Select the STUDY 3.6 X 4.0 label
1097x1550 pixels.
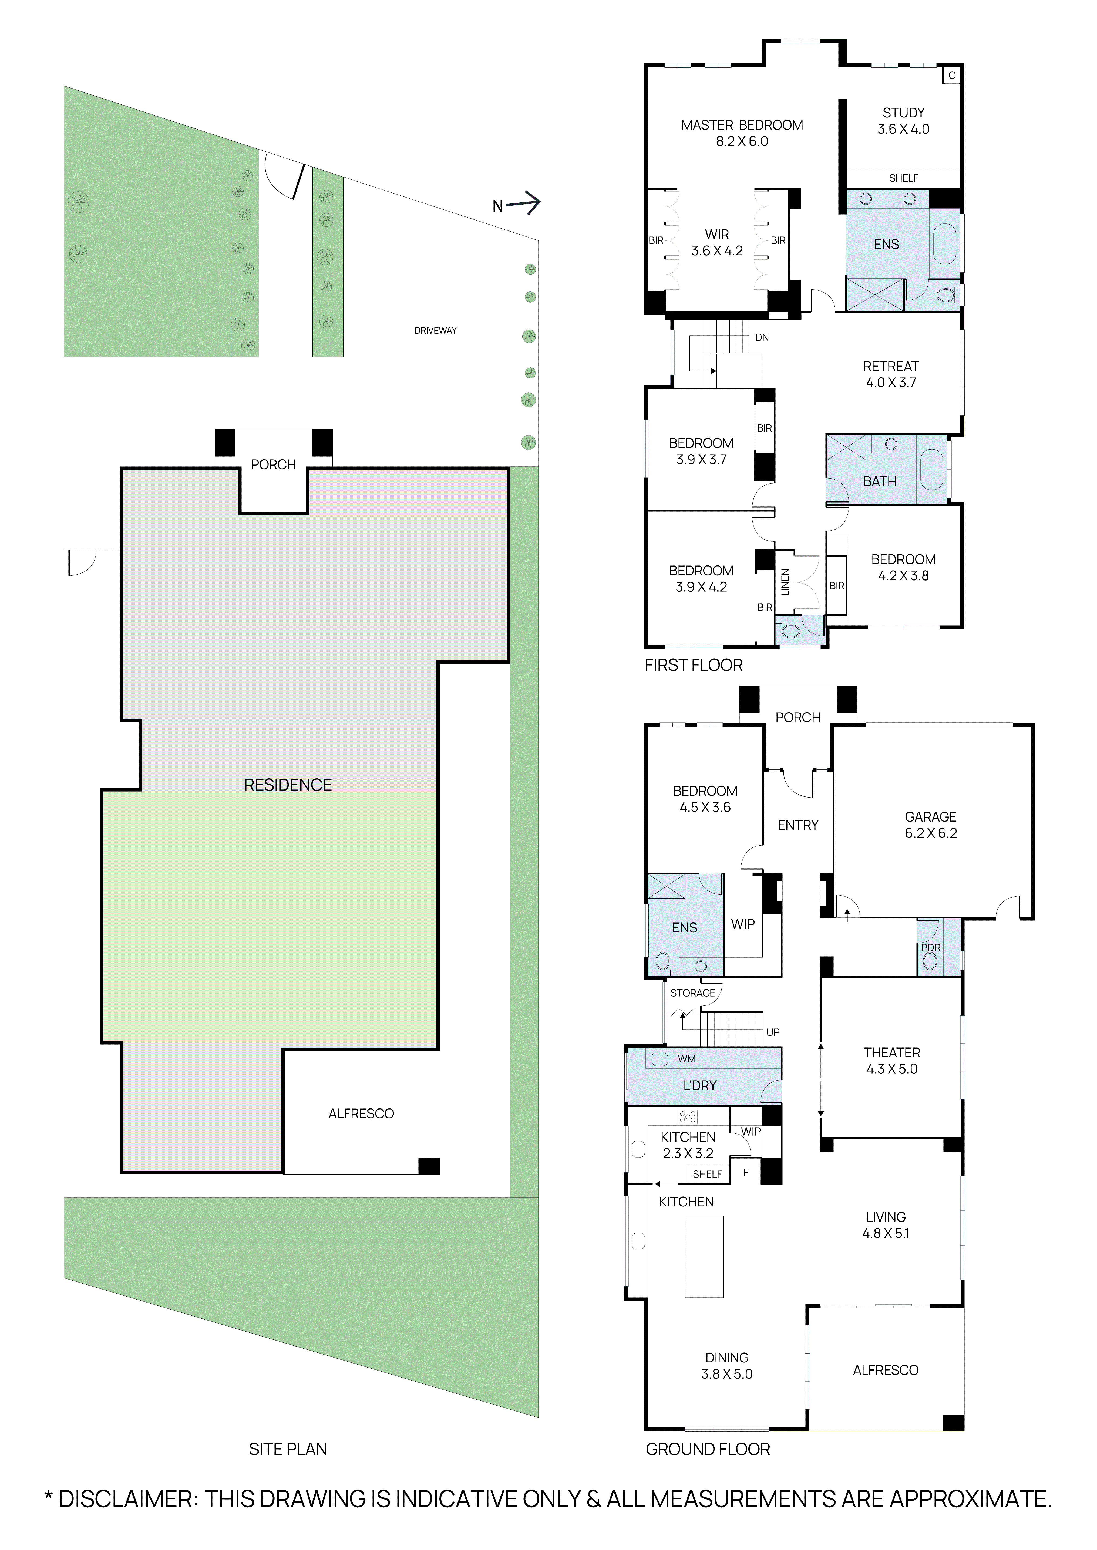[x=903, y=121]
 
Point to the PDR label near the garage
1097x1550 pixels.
[x=930, y=948]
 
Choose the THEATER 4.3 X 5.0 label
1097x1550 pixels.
[x=892, y=1061]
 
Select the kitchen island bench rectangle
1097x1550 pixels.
[x=704, y=1256]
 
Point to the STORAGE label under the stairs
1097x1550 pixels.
[x=692, y=993]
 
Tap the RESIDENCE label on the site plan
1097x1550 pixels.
[x=288, y=785]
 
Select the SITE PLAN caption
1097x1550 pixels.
[x=288, y=1449]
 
